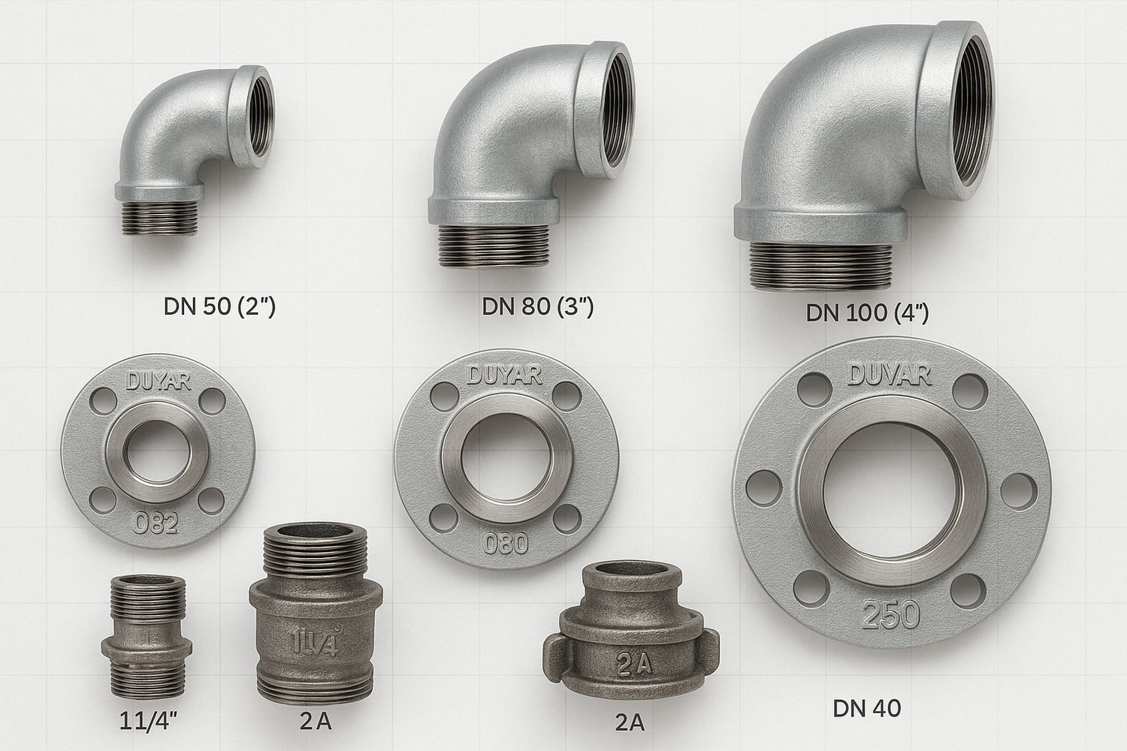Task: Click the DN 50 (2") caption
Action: (219, 306)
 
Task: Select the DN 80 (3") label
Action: (538, 306)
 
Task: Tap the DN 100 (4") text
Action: (867, 312)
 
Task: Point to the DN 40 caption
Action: (866, 708)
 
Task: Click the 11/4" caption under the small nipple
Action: (149, 721)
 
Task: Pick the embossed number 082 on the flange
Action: (155, 523)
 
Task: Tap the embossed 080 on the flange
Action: (505, 544)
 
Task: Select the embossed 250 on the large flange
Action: (890, 614)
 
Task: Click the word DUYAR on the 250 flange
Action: (889, 375)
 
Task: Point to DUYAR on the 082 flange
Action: (158, 382)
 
